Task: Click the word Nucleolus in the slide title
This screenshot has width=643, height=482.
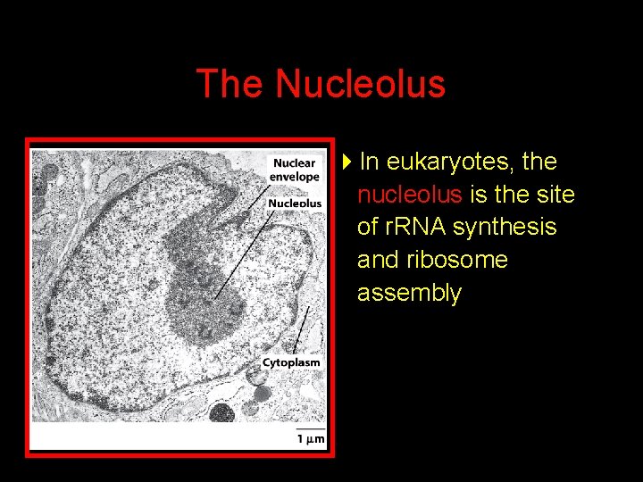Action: (x=360, y=84)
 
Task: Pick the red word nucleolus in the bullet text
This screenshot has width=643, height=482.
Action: (x=409, y=195)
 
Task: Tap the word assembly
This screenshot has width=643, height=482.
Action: (x=409, y=293)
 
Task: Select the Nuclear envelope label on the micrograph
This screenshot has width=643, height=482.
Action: (x=295, y=170)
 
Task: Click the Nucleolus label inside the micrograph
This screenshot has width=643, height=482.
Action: (x=295, y=204)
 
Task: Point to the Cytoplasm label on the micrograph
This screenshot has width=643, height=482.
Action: (x=291, y=362)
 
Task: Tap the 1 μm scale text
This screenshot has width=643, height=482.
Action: (x=311, y=438)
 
